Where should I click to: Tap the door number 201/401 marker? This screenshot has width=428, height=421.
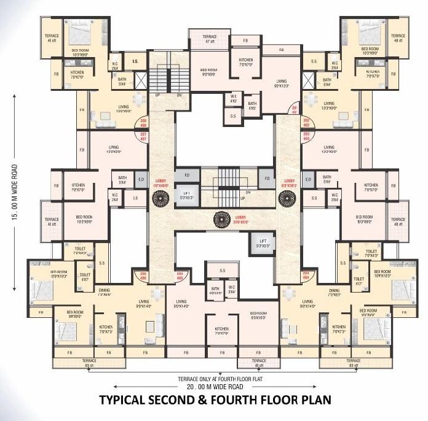[x=295, y=109]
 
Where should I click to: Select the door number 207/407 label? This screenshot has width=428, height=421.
[x=143, y=136]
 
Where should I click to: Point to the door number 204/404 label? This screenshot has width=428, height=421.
[x=305, y=276]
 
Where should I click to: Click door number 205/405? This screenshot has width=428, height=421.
[x=180, y=276]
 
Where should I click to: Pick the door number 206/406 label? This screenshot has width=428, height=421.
[x=143, y=276]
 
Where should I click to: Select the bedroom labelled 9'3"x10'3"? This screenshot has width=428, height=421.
[x=258, y=316]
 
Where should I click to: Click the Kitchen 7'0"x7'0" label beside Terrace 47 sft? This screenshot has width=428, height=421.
[x=246, y=61]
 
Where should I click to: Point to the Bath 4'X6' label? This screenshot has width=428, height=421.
[x=252, y=107]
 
